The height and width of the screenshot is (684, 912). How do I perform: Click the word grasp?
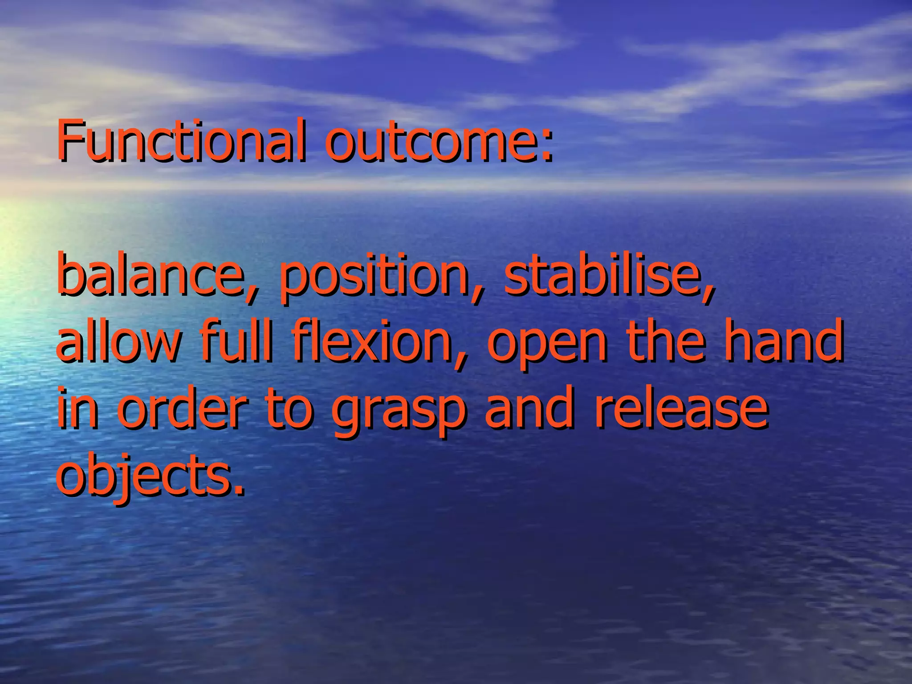(x=399, y=412)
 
